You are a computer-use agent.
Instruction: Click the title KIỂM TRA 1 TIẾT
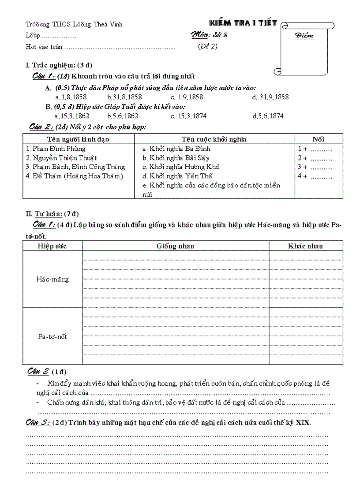[x=243, y=23]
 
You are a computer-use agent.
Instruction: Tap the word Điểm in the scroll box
[x=304, y=36]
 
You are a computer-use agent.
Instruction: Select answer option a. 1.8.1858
[x=71, y=97]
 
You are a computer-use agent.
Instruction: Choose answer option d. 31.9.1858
[x=270, y=97]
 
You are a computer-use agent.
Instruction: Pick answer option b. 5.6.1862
[x=123, y=116]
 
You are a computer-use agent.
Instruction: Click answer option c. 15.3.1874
[x=188, y=116]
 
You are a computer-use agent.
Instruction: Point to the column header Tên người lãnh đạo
[x=78, y=139]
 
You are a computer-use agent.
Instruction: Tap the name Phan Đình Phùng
[x=56, y=149]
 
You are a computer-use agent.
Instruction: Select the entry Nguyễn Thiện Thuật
[x=62, y=158]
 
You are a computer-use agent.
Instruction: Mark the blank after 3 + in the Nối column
[x=322, y=167]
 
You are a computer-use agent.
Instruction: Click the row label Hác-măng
[x=52, y=279]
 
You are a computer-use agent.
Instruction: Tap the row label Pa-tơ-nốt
[x=52, y=337]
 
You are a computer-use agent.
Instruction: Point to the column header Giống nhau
[x=175, y=246]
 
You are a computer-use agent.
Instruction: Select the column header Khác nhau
[x=305, y=246]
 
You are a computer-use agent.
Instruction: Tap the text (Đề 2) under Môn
[x=207, y=46]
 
